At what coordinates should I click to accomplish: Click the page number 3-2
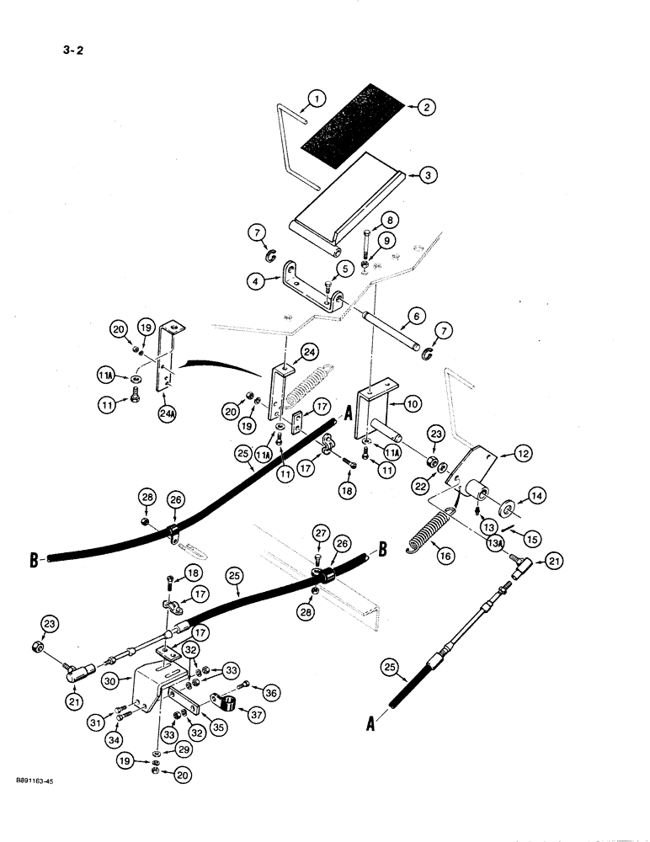(72, 49)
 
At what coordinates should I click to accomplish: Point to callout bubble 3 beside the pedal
(427, 175)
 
